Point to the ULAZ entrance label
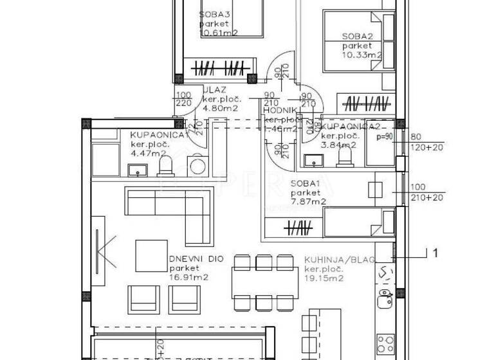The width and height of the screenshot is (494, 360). tap(215, 91)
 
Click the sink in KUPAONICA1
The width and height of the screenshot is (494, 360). tap(136, 170)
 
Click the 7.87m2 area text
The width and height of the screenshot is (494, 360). tap(307, 201)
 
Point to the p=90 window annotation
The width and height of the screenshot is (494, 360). tap(384, 137)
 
